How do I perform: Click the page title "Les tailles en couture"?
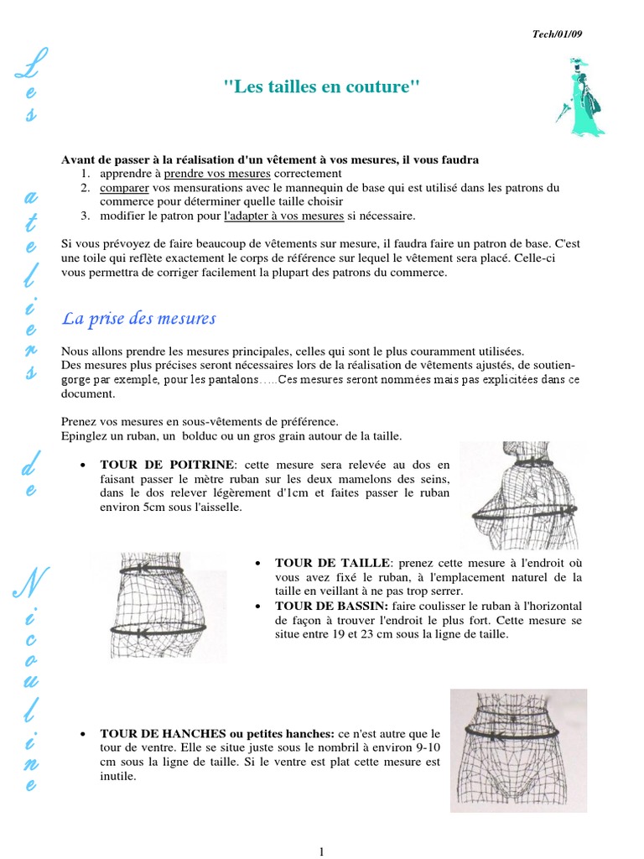tap(321, 86)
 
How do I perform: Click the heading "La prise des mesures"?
tap(139, 318)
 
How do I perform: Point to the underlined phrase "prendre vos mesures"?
tap(217, 174)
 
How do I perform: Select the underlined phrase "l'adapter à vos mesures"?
tap(284, 216)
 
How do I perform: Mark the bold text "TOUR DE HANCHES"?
tap(156, 733)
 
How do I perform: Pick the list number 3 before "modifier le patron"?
tap(86, 216)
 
